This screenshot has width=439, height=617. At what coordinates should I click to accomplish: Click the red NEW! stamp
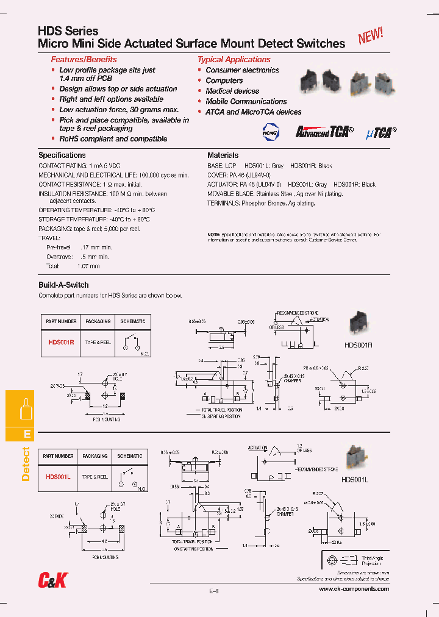point(370,36)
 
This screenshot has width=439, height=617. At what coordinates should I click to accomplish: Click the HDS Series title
point(68,31)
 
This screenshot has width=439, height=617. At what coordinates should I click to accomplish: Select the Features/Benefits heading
point(84,60)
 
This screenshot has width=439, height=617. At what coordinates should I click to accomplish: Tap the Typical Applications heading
point(234,60)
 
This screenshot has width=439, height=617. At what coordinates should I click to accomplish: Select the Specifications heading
point(62,155)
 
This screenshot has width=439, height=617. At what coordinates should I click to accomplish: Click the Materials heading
point(223,155)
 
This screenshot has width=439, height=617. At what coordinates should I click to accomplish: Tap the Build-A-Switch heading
point(63,285)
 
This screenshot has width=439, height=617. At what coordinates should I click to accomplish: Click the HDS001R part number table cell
point(61,343)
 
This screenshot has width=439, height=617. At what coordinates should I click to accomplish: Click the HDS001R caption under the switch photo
point(358,344)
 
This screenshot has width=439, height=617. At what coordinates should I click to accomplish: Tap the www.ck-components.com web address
point(354,590)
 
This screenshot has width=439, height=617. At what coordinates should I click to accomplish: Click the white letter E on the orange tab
point(26,434)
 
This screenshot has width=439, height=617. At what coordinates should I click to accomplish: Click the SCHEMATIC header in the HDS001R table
point(133,321)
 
